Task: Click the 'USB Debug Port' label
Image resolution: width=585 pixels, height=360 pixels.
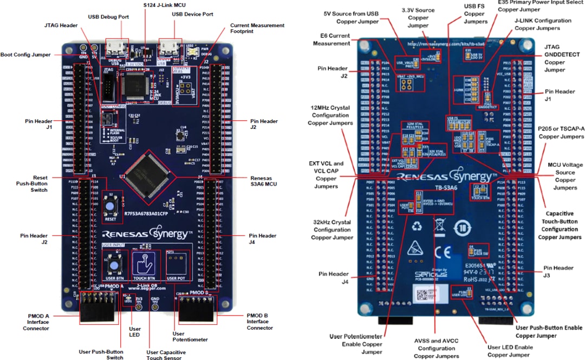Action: tap(108, 17)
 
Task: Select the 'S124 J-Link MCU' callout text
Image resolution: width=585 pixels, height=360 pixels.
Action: tap(164, 5)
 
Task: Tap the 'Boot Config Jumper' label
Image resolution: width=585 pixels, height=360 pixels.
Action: tap(25, 55)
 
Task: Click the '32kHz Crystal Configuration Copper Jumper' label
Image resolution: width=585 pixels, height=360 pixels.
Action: tap(331, 230)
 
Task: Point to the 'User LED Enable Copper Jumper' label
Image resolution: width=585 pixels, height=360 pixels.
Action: tap(509, 351)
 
